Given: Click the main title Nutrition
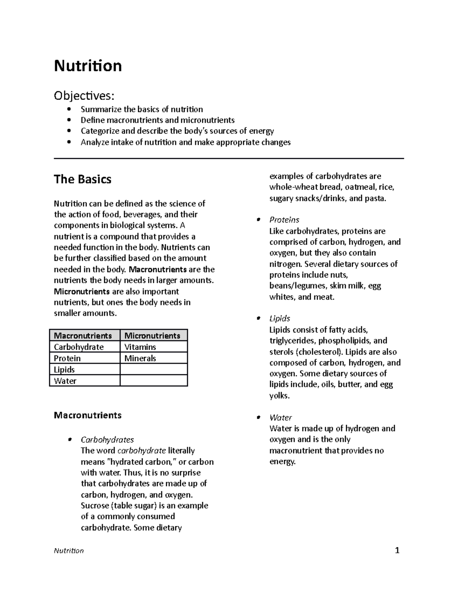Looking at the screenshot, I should pos(88,66).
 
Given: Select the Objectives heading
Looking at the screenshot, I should pos(84,95).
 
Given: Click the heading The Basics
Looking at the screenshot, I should pos(82,179).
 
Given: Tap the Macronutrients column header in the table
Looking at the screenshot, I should pos(83,336).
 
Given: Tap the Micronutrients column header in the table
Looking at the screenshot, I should pos(152,336).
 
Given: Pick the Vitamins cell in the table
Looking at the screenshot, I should pos(140,347).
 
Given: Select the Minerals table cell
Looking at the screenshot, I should pos(140,359).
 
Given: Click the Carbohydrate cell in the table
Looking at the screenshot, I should pos(79,347).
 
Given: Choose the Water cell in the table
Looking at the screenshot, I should pos(65,381).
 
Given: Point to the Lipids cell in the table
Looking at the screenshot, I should pos(64,370).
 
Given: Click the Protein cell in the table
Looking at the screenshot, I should pos(67,359).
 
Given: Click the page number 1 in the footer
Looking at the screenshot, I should pos(397,550).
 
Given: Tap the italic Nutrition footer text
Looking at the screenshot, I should pos(69,551).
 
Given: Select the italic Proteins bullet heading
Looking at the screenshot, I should pos(284,220).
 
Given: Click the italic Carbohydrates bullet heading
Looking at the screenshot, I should pos(107,440).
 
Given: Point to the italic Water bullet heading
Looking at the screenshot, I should pos(281,418).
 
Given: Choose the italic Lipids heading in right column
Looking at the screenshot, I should pos(279,318).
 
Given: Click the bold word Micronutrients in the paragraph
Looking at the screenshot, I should pos(82,292).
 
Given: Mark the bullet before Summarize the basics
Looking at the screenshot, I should pos(69,110).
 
